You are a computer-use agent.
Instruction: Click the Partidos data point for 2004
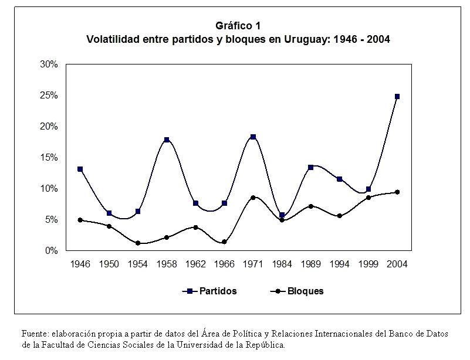tap(397, 96)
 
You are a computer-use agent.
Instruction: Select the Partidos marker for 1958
tap(167, 140)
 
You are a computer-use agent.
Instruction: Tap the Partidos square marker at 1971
tap(253, 137)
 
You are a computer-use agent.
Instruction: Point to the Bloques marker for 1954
tap(138, 243)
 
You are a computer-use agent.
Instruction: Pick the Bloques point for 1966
tap(224, 242)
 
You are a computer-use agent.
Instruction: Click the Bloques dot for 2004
tap(397, 192)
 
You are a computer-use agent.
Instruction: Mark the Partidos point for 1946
tap(80, 169)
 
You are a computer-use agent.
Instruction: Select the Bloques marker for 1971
tap(253, 198)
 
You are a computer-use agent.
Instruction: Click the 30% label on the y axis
tap(48, 64)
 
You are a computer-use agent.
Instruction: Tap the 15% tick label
tap(48, 158)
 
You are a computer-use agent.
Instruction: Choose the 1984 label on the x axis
tap(282, 264)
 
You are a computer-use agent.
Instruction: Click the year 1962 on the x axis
tap(195, 264)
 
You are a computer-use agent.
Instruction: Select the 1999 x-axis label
tap(368, 264)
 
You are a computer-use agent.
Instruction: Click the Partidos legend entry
tap(218, 291)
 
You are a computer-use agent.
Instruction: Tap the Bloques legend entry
tap(305, 291)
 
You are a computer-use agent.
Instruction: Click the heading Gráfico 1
tap(238, 26)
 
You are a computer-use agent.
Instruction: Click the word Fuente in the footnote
tap(34, 334)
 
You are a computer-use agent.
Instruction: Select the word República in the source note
tap(263, 345)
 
